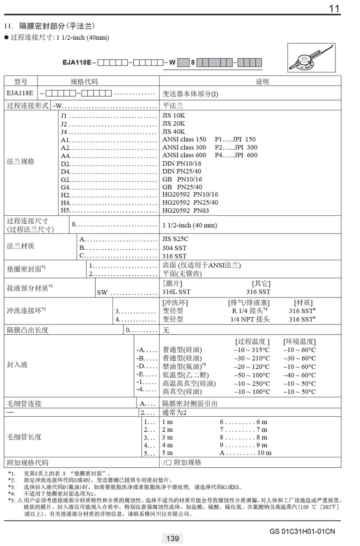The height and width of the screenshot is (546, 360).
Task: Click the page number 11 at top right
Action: [334, 9]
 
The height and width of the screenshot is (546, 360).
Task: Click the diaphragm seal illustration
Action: [311, 58]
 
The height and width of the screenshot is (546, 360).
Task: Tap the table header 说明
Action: [262, 81]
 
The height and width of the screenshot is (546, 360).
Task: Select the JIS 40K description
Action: [174, 131]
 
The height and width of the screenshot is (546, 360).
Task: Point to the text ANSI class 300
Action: [184, 147]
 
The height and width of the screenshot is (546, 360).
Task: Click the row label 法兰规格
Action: [21, 161]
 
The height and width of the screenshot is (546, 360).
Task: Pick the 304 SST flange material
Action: [175, 248]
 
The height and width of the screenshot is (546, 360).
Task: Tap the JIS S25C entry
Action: [175, 239]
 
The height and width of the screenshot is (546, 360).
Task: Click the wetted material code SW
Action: [102, 292]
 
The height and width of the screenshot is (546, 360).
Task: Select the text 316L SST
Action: [176, 292]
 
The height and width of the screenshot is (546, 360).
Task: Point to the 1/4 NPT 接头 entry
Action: [250, 319]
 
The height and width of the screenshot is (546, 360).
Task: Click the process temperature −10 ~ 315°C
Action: [252, 350]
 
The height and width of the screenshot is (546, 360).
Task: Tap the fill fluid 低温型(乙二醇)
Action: [185, 375]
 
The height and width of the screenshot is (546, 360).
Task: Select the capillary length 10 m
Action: [264, 453]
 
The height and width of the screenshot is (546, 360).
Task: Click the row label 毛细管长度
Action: [24, 437]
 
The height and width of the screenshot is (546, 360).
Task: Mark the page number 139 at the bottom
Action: [173, 538]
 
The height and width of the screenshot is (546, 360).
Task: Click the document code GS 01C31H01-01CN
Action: [302, 531]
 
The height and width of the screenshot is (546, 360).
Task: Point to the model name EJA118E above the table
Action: [77, 62]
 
